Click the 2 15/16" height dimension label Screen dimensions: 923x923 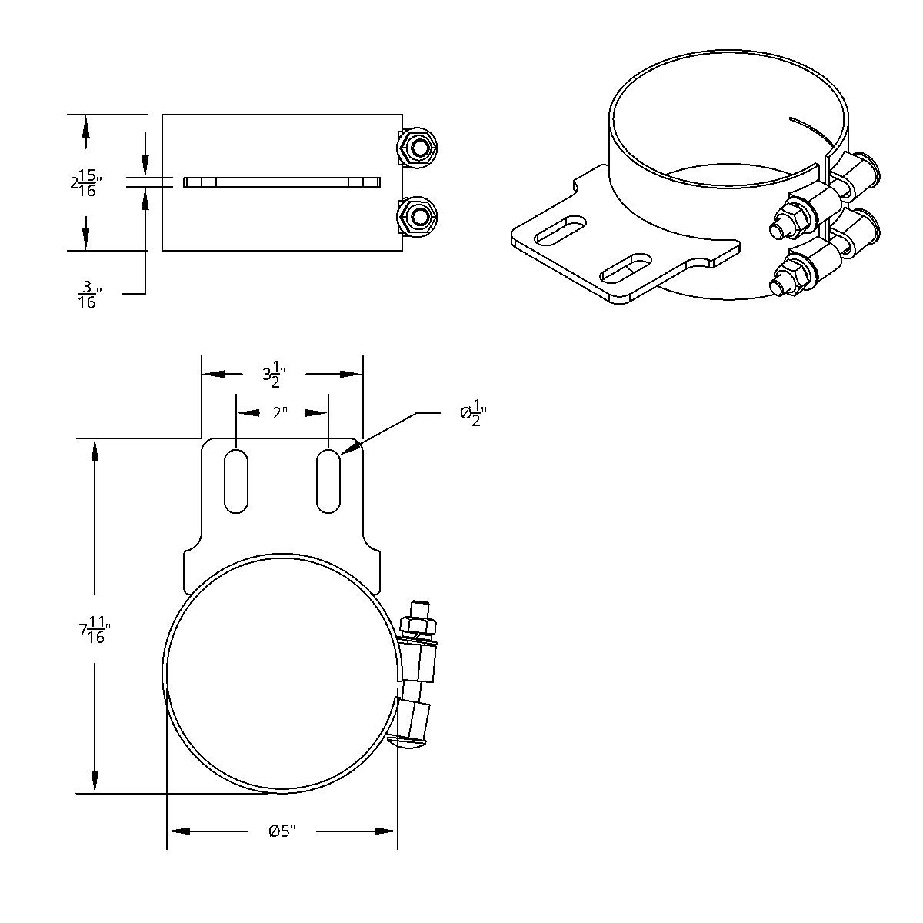tap(85, 182)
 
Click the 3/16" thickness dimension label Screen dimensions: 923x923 tap(88, 295)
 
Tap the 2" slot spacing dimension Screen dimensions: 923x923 tap(281, 413)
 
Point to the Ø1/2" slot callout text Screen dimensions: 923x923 tap(473, 413)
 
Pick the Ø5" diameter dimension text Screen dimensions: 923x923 tap(282, 831)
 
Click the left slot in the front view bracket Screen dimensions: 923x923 tap(236, 481)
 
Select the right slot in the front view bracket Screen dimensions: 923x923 tap(328, 481)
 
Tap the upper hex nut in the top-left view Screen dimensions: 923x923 tap(418, 146)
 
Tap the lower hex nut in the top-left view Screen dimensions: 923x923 tap(418, 216)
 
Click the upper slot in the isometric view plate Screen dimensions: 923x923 tap(561, 229)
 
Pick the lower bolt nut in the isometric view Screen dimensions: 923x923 tap(793, 278)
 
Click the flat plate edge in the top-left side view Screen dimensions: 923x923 tap(282, 182)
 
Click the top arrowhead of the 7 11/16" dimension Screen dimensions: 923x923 tap(94, 450)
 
